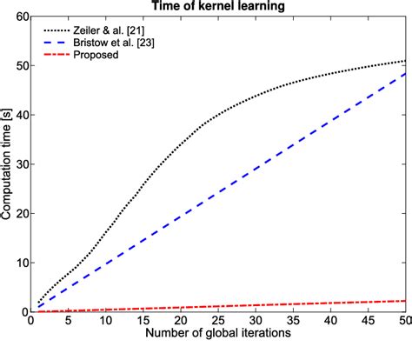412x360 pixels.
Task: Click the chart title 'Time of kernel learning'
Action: (x=219, y=7)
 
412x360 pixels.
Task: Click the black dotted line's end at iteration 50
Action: (x=406, y=61)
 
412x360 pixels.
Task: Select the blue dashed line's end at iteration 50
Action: (x=406, y=74)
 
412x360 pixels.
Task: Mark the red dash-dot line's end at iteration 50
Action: (x=406, y=301)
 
